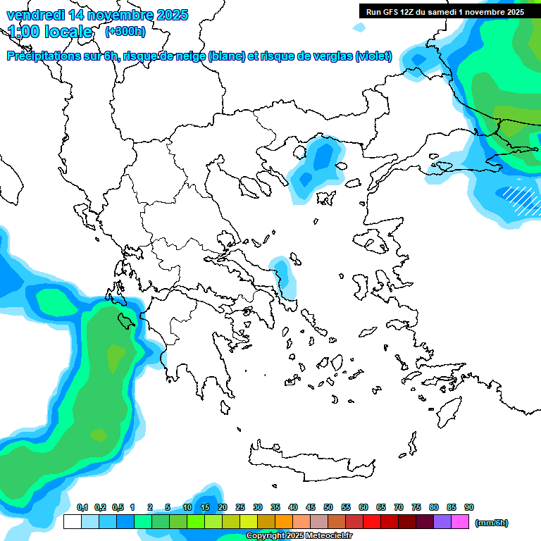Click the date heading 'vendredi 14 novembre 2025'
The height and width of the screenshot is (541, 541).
tap(97, 15)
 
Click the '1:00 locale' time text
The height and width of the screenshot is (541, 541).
tap(50, 32)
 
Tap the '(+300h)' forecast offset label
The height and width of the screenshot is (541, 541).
tap(125, 32)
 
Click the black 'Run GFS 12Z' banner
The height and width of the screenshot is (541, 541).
tap(444, 11)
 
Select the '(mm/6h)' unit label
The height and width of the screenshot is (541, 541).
tap(492, 523)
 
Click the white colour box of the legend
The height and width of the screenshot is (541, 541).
tap(72, 522)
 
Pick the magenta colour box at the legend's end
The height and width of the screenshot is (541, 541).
tap(460, 522)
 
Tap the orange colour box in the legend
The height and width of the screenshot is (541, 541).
tap(284, 522)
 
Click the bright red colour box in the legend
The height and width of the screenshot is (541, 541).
tap(372, 522)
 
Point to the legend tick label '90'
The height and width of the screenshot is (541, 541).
tap(469, 507)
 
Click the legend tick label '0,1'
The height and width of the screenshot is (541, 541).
tap(82, 507)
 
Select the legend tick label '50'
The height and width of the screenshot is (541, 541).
tap(328, 507)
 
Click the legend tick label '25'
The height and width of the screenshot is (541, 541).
tap(240, 507)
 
